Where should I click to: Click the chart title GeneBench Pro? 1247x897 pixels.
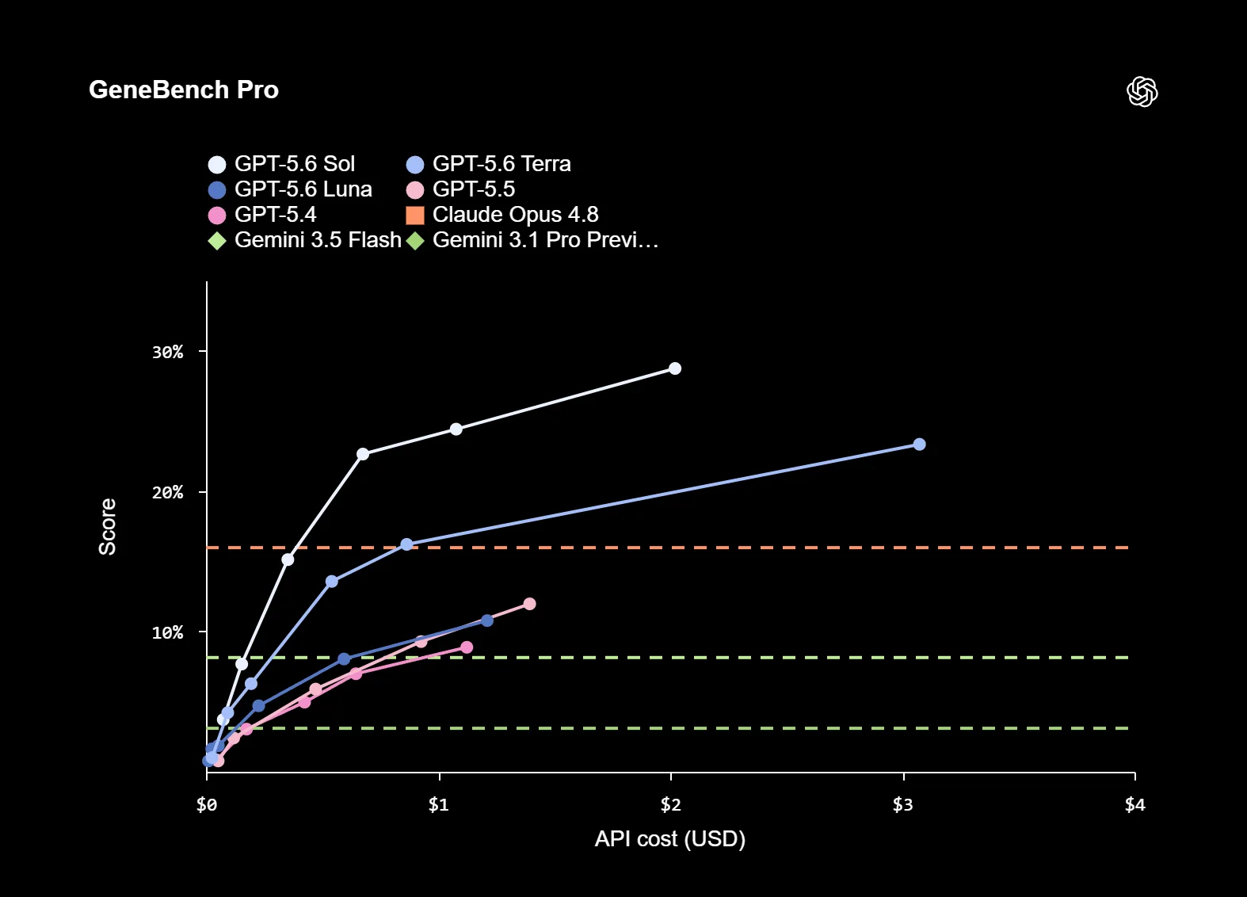183,90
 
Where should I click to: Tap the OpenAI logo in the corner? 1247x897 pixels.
1142,91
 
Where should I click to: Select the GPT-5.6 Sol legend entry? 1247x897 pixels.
281,164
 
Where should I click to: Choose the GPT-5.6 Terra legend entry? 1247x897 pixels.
488,164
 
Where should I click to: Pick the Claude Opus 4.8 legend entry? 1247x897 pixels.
502,215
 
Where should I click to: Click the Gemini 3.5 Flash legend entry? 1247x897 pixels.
304,240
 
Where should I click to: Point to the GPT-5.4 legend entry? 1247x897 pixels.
261,215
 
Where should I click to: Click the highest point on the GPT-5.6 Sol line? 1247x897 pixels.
675,368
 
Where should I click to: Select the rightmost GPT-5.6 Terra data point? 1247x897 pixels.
920,445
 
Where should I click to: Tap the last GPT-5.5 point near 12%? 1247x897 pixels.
529,604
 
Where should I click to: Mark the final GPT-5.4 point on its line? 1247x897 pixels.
467,647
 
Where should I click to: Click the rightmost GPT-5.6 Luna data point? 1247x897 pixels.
487,620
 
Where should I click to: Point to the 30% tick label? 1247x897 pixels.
168,352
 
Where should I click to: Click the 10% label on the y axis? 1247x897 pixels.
168,632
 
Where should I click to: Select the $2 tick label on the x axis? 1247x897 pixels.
671,804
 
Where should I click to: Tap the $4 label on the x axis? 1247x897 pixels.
1135,804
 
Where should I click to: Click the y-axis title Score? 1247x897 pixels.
108,527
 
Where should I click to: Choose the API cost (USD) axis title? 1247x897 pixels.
669,838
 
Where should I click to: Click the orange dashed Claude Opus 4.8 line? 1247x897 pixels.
668,548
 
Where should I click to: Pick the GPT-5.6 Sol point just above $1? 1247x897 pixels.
456,429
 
